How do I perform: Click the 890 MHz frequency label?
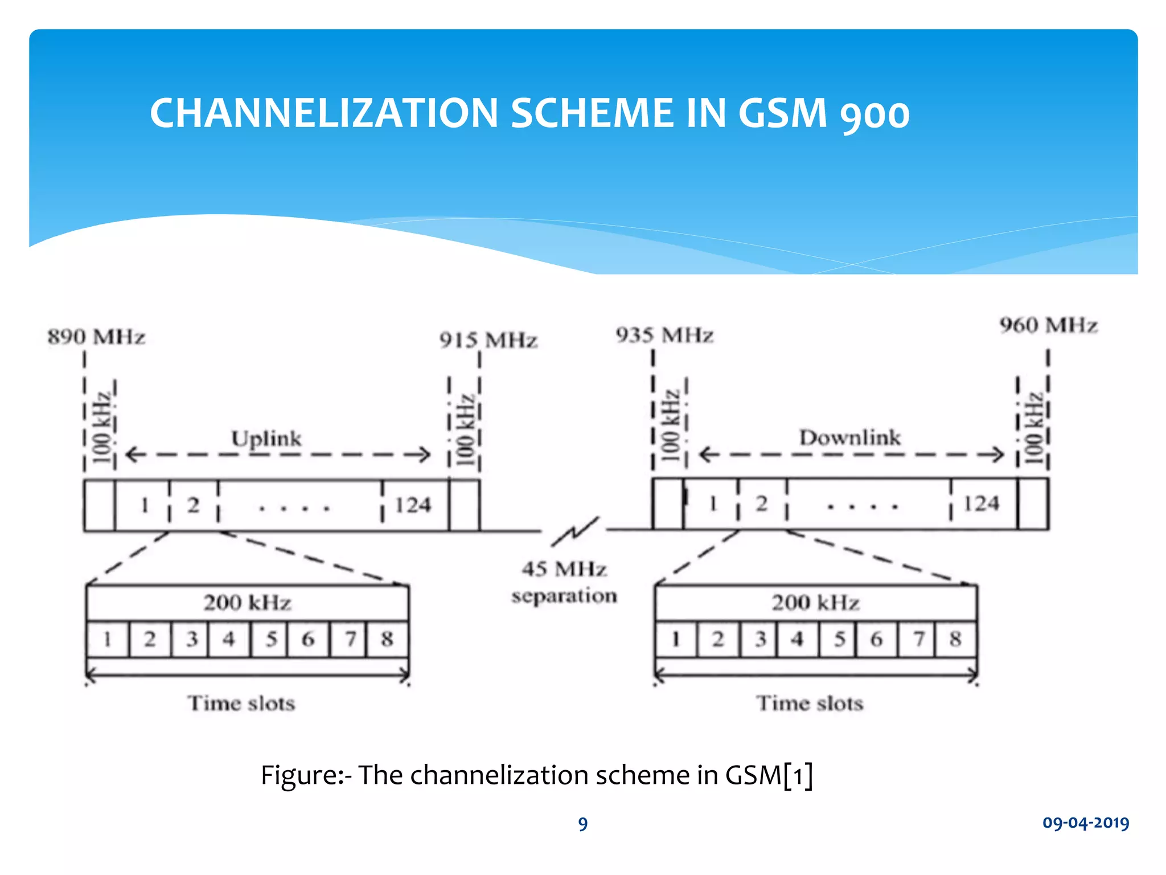click(96, 337)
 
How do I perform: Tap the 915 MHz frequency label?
click(488, 341)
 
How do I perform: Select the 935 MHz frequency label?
click(664, 335)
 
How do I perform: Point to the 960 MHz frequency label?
click(1048, 325)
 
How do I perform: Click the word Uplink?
click(266, 439)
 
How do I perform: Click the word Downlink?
click(849, 437)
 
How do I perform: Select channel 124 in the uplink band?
click(413, 505)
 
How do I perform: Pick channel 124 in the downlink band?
click(981, 504)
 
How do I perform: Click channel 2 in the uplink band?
click(194, 505)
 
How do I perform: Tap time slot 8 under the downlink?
click(955, 639)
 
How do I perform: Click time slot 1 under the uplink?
click(108, 639)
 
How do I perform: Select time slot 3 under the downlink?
click(761, 639)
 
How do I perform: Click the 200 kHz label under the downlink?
click(815, 603)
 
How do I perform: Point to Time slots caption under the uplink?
click(241, 704)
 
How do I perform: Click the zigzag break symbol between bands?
click(575, 531)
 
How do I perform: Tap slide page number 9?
click(582, 824)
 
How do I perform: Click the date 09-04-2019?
click(1085, 823)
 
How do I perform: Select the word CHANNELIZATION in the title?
click(324, 113)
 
